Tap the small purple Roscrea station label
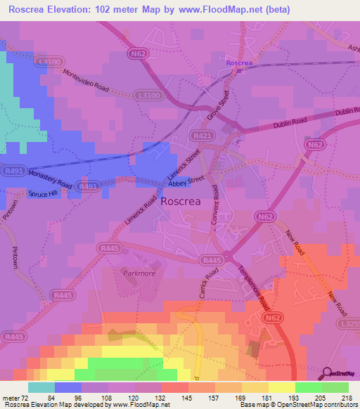point(238,63)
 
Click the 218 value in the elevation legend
point(346,397)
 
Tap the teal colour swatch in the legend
point(41,387)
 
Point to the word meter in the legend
point(11,397)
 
